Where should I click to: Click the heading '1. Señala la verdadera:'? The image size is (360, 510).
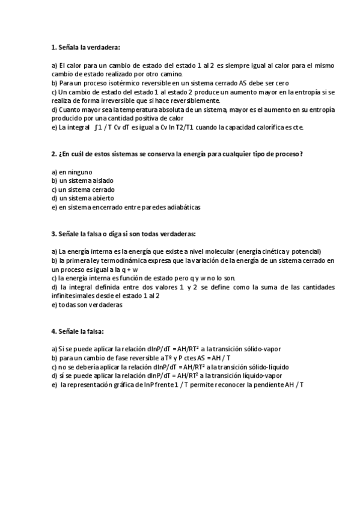click(x=85, y=47)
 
